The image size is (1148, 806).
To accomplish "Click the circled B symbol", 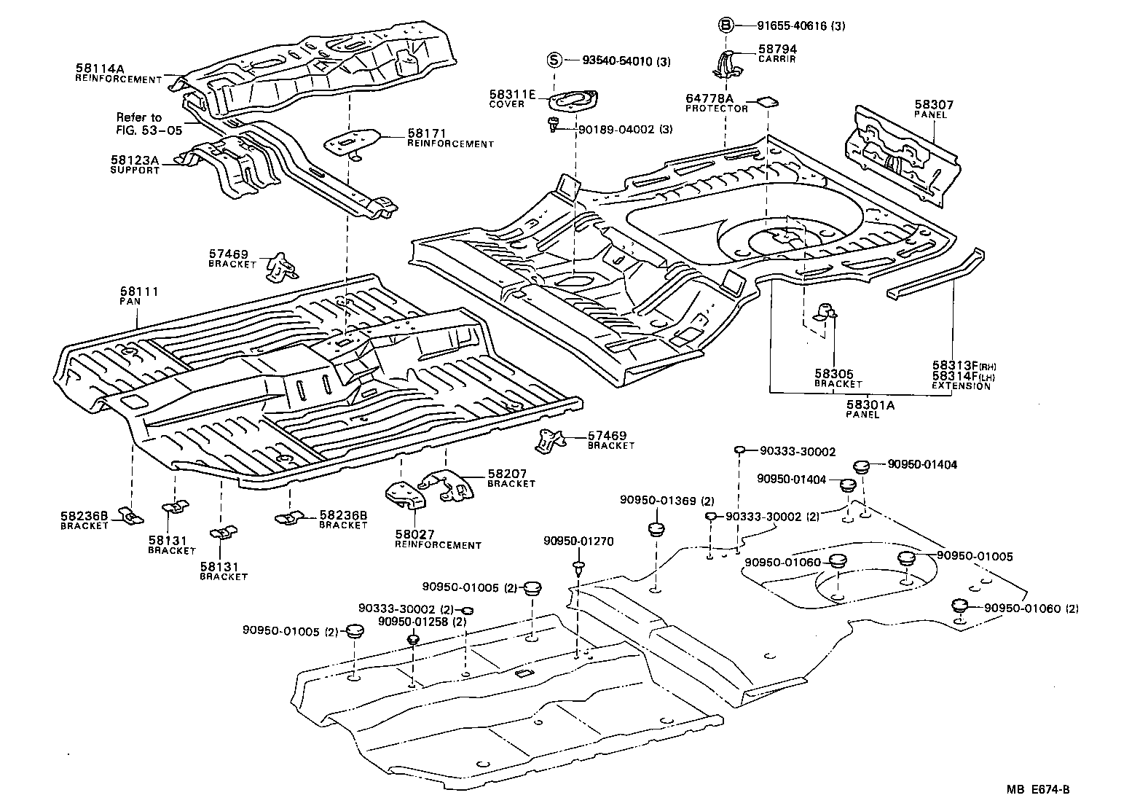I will tap(725, 26).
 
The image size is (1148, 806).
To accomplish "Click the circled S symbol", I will tap(554, 60).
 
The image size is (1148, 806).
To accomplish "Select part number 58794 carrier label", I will tap(777, 53).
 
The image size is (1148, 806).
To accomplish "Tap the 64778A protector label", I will tap(716, 103).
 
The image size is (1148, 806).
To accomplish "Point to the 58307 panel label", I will tap(934, 109).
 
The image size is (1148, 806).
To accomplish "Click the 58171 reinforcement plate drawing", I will tap(351, 141).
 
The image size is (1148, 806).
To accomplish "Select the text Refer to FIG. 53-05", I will tap(140, 123).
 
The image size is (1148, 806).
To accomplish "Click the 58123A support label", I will tap(134, 164).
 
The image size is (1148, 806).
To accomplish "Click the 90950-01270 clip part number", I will tap(578, 541).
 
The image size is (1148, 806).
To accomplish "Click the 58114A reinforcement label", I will tap(118, 74).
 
